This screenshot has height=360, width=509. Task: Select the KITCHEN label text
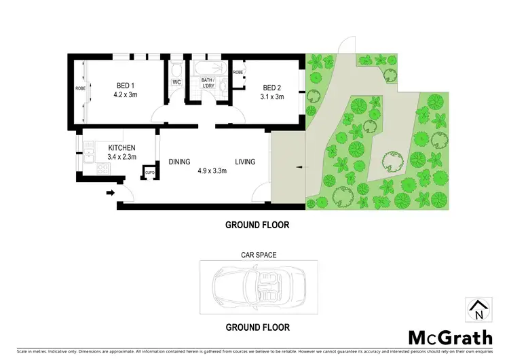point(122,148)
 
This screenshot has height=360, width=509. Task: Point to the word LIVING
point(246,162)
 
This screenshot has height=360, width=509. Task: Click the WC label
point(176,82)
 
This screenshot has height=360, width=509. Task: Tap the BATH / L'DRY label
point(208,84)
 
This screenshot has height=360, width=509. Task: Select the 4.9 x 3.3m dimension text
point(211,171)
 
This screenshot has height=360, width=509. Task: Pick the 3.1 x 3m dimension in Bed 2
point(273,96)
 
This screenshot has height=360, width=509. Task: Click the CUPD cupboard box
point(150,173)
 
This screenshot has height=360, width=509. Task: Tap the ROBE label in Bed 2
point(238,72)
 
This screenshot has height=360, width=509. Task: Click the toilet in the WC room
point(176,70)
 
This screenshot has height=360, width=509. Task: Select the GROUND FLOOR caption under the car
point(259,327)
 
